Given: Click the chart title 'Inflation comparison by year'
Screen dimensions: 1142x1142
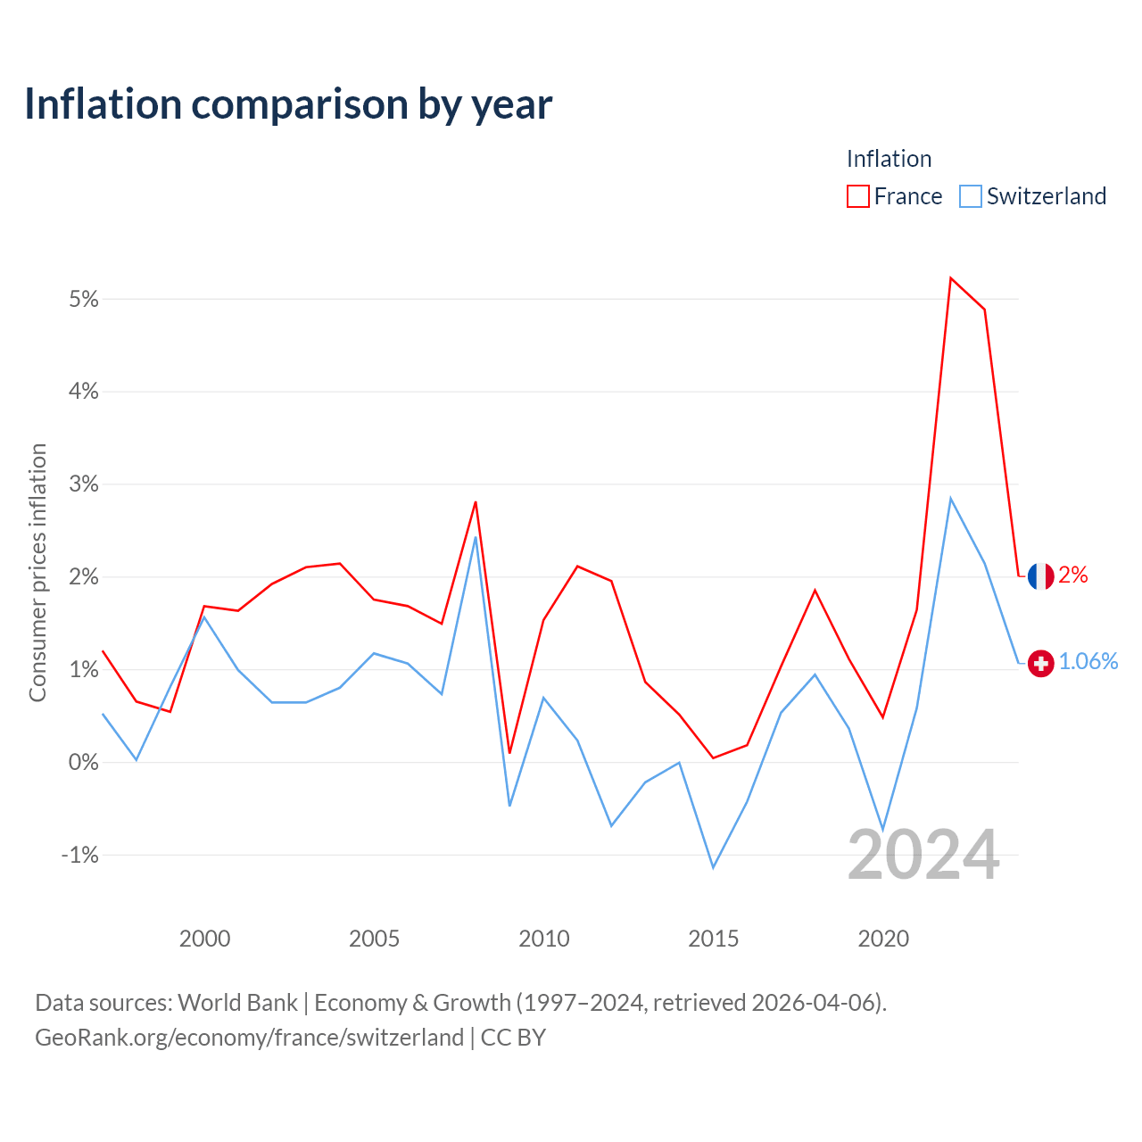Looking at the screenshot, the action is (288, 104).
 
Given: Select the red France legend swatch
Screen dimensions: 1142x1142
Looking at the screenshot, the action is (857, 196).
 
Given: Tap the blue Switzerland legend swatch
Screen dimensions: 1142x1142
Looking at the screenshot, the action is (970, 196).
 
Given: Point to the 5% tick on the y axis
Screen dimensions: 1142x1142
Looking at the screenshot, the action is (84, 299).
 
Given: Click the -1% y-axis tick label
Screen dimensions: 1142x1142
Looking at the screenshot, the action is (80, 855).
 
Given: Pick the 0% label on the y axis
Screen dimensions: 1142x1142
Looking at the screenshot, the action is (84, 762).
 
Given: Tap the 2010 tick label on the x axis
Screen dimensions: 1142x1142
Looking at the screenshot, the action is (543, 938).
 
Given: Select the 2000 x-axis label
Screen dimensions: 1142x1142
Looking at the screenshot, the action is (204, 938).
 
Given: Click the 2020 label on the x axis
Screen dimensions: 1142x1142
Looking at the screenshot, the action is (883, 938).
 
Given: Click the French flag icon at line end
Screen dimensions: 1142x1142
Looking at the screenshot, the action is (1040, 576).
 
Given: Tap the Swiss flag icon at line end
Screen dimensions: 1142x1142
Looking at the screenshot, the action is (1040, 663).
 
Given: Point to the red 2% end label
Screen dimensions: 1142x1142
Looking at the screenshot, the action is (1073, 575).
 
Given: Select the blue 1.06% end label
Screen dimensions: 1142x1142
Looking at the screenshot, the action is (1088, 661).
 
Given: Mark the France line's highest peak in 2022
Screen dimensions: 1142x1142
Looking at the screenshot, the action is (950, 278).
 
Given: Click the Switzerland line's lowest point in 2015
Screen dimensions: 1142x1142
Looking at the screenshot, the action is (713, 867).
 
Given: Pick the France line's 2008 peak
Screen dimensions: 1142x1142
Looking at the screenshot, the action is (476, 502).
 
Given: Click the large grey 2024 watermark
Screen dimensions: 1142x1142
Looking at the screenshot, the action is (923, 855).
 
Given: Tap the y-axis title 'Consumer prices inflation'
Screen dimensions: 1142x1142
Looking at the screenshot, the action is (37, 573).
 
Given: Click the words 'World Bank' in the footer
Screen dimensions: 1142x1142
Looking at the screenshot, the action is (237, 1003).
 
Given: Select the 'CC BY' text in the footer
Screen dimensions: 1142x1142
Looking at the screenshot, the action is (513, 1037).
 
